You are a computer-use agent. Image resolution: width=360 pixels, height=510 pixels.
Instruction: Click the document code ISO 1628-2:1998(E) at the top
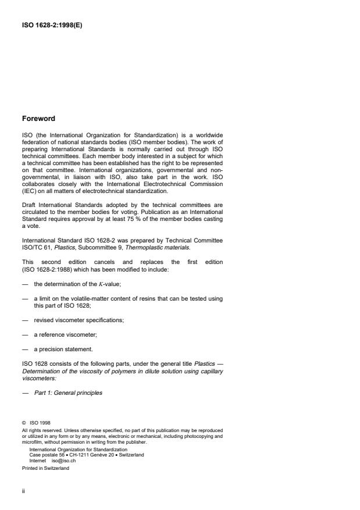coord(51,25)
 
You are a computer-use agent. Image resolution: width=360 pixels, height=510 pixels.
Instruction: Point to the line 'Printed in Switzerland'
coord(45,467)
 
